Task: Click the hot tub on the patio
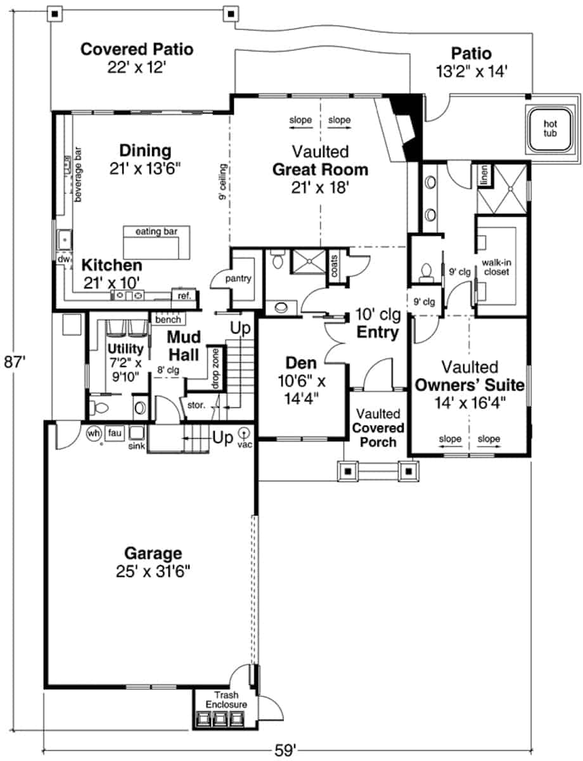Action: tap(550, 129)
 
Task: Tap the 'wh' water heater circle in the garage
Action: tap(93, 434)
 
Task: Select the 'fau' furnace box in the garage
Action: tap(115, 433)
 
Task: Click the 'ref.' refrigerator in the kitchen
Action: tap(184, 296)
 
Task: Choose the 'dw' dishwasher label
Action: tap(63, 259)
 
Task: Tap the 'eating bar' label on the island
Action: tap(157, 231)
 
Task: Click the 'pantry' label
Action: tap(238, 278)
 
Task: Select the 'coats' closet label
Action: tap(334, 266)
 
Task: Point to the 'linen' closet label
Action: tap(484, 175)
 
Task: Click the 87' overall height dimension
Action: tap(15, 361)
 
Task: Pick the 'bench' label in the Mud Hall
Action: tap(169, 320)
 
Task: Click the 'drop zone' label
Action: tap(215, 369)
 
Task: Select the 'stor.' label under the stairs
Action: tap(196, 405)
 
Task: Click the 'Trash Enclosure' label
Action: tap(226, 699)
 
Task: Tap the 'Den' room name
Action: tap(301, 363)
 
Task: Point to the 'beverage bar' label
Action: tap(78, 174)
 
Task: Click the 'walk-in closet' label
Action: tap(496, 267)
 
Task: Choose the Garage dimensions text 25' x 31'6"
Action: tap(153, 572)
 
